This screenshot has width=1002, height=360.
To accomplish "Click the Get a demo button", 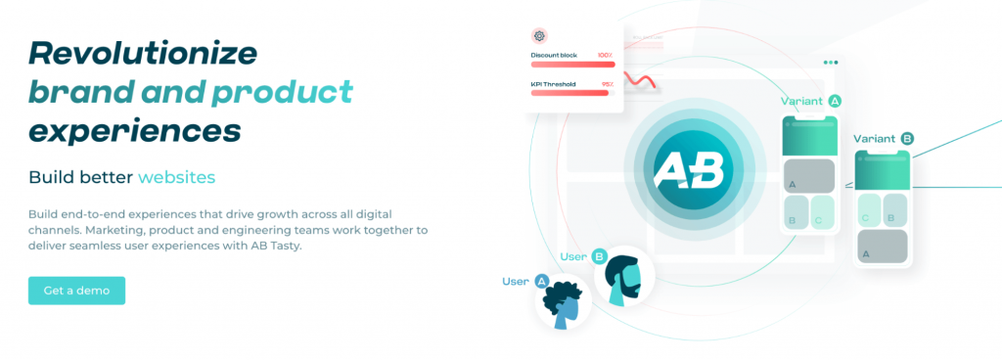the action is [76, 291].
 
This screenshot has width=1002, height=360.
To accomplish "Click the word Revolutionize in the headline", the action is [143, 53].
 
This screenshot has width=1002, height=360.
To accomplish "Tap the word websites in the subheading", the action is [176, 177].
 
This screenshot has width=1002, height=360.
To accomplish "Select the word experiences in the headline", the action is [135, 131].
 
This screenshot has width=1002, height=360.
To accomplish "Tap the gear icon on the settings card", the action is [539, 36].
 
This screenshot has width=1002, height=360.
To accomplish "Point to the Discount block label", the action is [554, 55].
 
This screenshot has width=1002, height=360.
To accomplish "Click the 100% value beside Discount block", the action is [605, 55].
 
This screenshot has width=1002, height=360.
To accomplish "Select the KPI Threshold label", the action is [554, 83].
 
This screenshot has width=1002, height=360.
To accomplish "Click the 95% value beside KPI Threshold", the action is [607, 83].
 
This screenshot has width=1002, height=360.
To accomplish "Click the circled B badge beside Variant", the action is [907, 139].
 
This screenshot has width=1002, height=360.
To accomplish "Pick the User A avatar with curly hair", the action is [563, 302].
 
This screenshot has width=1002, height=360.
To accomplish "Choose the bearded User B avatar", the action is [624, 275].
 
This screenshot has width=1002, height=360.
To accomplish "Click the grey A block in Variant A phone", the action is [809, 176].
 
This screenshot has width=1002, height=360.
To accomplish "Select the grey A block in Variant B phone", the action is [882, 247].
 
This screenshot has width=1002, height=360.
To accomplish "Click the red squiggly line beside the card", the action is [639, 80].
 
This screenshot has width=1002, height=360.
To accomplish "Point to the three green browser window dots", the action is [830, 63].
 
